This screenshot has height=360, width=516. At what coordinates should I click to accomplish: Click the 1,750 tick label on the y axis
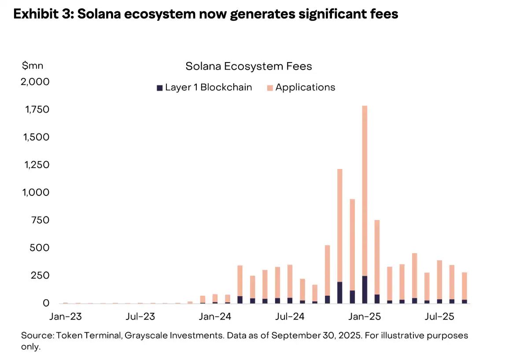coord(37,109)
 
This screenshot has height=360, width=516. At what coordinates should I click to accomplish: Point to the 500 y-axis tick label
coord(40,247)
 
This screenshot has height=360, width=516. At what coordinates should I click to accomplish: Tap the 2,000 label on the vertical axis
coord(35,81)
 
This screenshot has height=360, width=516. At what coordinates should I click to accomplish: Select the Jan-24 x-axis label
coord(215,316)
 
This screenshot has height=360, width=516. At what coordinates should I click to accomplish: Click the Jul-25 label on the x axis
coord(439,316)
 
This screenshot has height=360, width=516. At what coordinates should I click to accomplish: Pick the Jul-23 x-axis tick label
coord(140,316)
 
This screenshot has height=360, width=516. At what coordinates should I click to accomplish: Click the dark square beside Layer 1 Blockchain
coord(160,88)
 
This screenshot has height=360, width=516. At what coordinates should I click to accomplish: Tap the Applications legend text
coord(305,87)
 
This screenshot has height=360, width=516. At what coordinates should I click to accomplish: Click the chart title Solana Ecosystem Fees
coord(249,66)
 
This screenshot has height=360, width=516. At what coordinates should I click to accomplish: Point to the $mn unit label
coord(32,66)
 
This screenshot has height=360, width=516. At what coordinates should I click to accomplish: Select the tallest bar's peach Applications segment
coord(365,191)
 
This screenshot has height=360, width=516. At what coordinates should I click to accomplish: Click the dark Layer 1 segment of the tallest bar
coord(365,290)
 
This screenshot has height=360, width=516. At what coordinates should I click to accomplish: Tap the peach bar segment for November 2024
coord(339,225)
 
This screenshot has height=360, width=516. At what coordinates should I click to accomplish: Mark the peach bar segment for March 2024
coord(240,281)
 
